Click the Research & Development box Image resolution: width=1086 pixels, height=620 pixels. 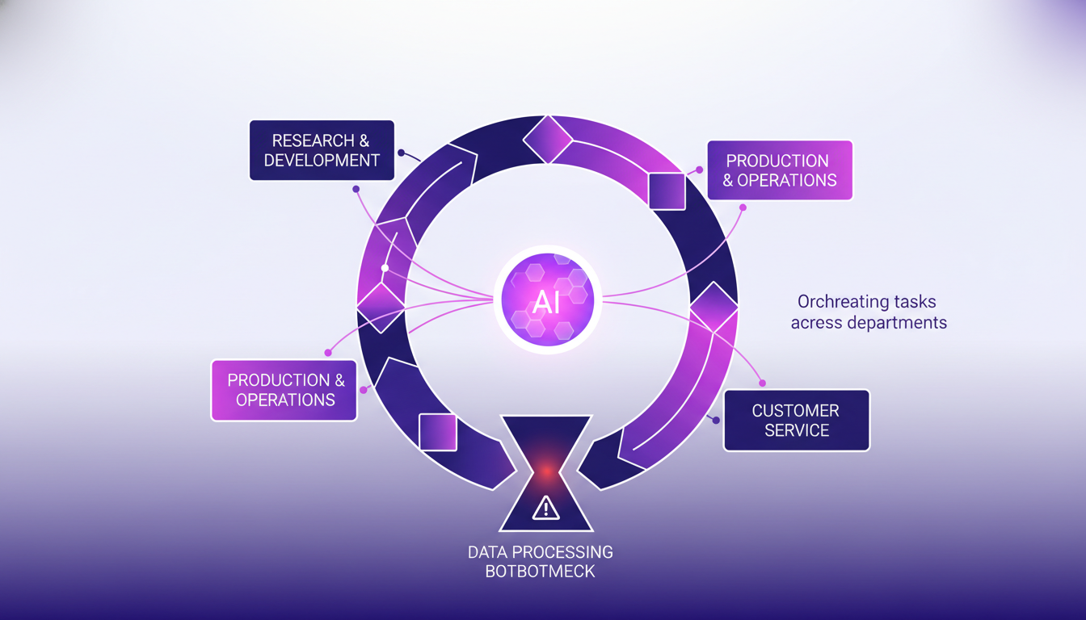coord(322,150)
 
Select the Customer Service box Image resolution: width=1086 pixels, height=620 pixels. coord(796,420)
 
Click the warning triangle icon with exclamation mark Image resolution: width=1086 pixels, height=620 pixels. coord(546,508)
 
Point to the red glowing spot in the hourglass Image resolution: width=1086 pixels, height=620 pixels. coord(546,469)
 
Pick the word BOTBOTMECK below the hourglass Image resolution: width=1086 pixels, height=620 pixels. coord(540,572)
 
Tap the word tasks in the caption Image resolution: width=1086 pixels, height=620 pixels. coord(916,302)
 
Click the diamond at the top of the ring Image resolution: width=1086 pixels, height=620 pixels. coord(549,139)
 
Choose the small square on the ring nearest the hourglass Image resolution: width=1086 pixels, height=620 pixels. coord(438,431)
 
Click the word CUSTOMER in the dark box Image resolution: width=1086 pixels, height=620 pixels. coord(796,410)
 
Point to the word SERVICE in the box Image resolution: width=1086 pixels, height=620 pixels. coord(796,430)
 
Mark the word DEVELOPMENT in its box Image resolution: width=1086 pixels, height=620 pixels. coord(322,160)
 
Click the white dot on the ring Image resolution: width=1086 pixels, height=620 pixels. coord(385,268)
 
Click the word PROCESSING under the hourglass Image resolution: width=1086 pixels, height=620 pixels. coord(562,553)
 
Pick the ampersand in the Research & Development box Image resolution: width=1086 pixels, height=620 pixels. coord(364,140)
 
